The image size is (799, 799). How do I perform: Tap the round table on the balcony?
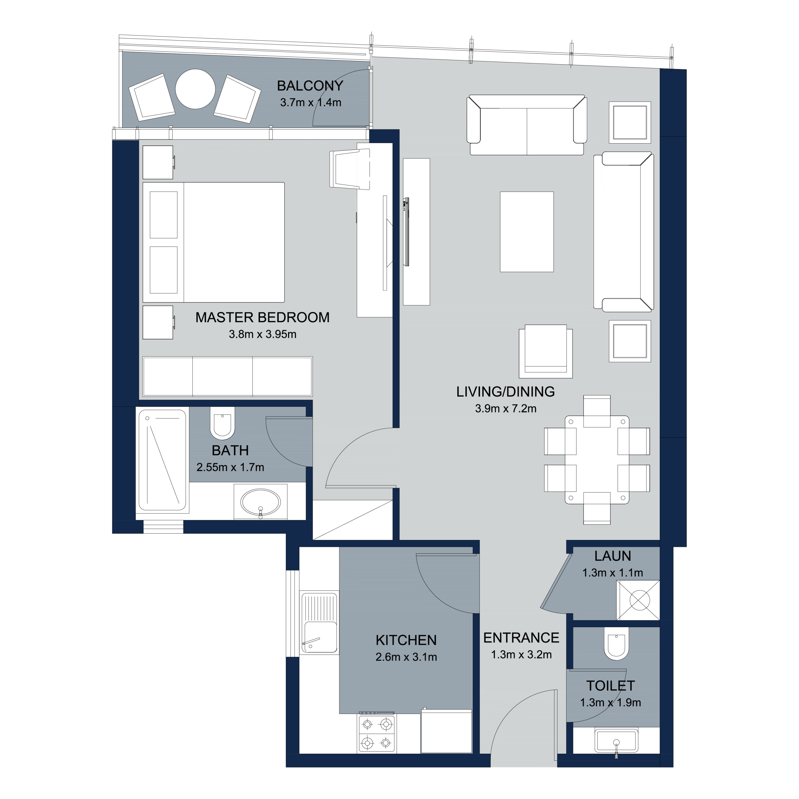[x=195, y=89]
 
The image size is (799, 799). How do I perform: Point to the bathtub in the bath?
[x=162, y=460]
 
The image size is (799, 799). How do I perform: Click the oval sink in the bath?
[x=261, y=502]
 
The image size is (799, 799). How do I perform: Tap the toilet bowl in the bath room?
[x=223, y=423]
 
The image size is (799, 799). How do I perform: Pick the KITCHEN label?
[x=406, y=640]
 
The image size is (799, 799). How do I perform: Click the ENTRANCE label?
[x=521, y=638]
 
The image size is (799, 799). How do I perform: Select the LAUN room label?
[x=612, y=556]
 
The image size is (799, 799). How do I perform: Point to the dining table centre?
[x=597, y=460]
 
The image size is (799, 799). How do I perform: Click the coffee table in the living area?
[x=527, y=232]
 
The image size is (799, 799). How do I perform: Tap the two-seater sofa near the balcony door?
[x=527, y=125]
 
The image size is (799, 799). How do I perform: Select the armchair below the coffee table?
[x=546, y=351]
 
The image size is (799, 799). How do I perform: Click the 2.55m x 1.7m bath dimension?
[x=230, y=467]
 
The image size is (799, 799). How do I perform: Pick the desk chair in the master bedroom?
[x=350, y=169]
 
